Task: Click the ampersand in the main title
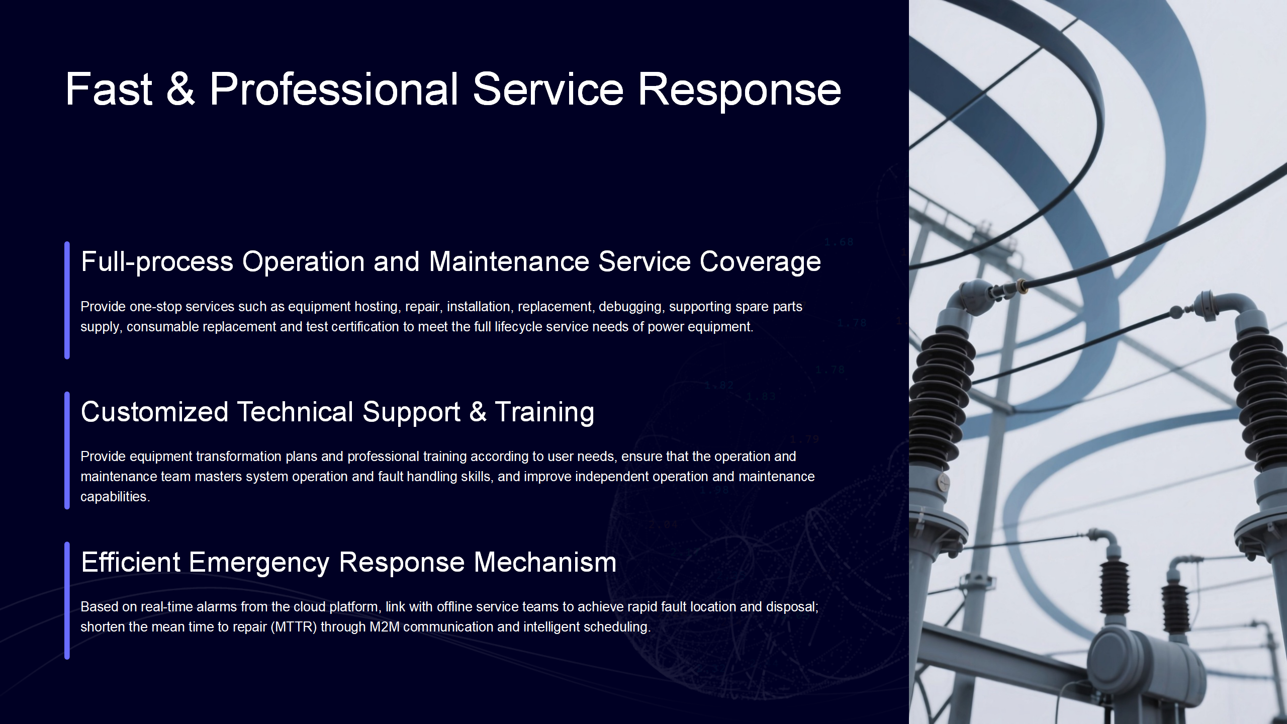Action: (180, 89)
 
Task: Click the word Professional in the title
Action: (334, 89)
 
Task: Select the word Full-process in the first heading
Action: (157, 262)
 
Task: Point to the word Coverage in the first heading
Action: (760, 262)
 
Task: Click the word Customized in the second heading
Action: (154, 412)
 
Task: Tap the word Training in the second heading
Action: (544, 412)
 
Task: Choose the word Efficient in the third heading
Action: (131, 562)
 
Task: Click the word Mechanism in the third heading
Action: (545, 562)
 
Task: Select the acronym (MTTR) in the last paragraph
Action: (294, 627)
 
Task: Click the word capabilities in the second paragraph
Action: (115, 497)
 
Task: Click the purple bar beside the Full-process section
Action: (67, 300)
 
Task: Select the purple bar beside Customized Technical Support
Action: (67, 450)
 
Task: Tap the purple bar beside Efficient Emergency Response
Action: (67, 601)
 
